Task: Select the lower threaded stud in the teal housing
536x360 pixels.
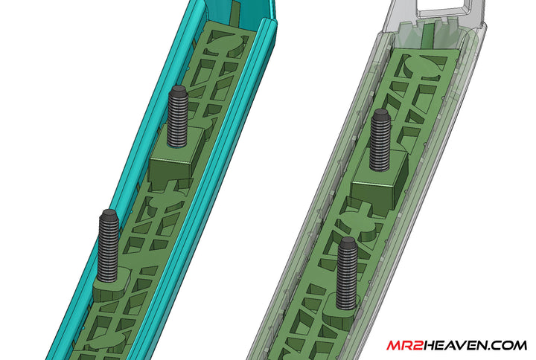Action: pyautogui.click(x=109, y=245)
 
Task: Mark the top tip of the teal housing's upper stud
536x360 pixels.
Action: pyautogui.click(x=179, y=89)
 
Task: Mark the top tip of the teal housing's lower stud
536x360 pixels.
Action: pyautogui.click(x=109, y=214)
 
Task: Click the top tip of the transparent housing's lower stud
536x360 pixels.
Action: pyautogui.click(x=348, y=242)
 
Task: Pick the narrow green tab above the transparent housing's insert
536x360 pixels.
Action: pyautogui.click(x=431, y=33)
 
